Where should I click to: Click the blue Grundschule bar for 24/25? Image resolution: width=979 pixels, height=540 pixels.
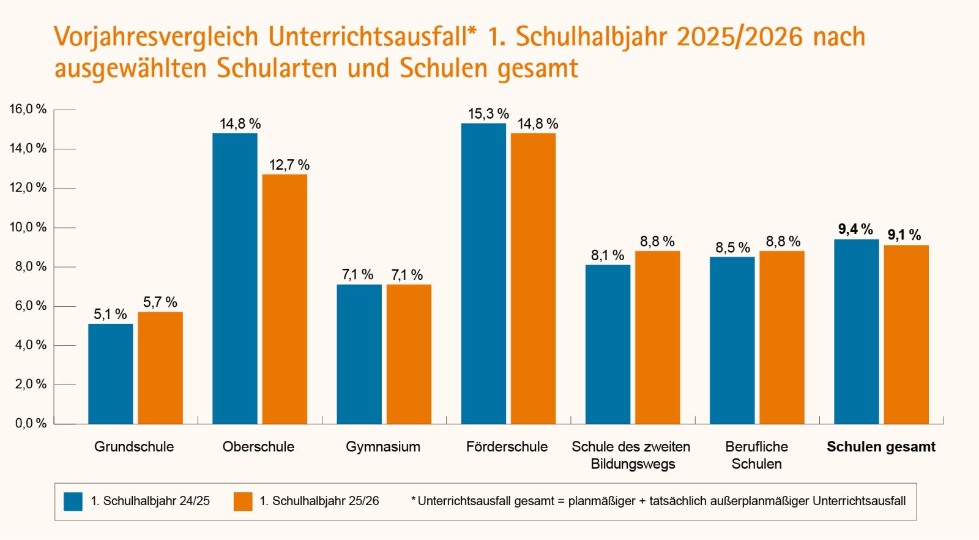point(110,373)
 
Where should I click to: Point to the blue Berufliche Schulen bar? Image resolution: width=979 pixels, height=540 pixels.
point(732,340)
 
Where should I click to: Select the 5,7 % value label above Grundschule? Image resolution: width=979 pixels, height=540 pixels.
point(160,302)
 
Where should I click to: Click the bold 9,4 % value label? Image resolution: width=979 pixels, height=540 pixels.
point(855,229)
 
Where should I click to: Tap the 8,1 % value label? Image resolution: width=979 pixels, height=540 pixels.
point(608,255)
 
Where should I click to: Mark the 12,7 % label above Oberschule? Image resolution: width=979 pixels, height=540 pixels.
point(289,165)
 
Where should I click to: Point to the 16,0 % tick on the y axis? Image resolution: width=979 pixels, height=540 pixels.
point(28,109)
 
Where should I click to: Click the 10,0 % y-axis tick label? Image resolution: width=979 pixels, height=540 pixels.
point(28,227)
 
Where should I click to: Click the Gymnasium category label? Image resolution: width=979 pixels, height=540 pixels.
point(383,446)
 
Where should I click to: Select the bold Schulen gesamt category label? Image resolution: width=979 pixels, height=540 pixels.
point(881,446)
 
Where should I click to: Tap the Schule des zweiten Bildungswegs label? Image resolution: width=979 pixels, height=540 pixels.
point(631,455)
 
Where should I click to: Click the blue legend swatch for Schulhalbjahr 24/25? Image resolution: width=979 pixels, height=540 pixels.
point(73,501)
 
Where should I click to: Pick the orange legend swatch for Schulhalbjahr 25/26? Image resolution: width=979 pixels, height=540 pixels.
point(243,501)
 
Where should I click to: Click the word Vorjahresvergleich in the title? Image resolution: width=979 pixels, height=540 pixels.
point(157,37)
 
